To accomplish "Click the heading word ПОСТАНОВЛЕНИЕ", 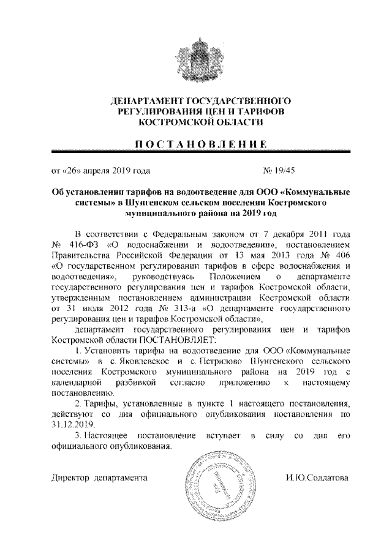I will (x=196, y=144).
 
